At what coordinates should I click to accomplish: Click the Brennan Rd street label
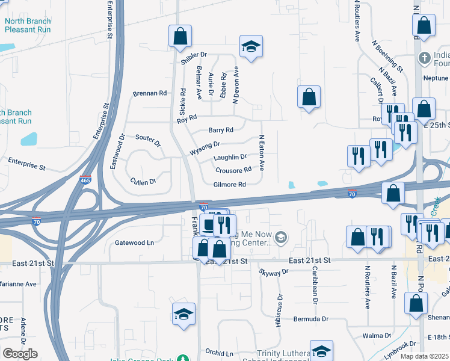point(150,93)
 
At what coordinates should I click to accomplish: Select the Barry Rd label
point(221,130)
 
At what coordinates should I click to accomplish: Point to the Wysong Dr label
point(205,144)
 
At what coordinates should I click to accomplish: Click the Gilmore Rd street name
point(230,185)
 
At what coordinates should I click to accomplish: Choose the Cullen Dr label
point(143,181)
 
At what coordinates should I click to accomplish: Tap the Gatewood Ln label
point(135,243)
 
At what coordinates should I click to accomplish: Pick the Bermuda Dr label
point(311,319)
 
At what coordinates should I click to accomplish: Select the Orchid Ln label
point(219,353)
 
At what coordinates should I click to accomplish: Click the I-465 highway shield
point(85,180)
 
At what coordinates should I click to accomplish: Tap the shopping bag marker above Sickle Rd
point(180,36)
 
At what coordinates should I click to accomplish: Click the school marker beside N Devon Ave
point(250,46)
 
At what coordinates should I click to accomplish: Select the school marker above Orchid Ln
point(183,313)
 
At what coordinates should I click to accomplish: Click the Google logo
point(20,354)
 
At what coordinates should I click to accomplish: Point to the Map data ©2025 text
point(425,356)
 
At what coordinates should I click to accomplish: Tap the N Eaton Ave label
point(262,153)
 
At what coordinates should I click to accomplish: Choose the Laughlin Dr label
point(230,157)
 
